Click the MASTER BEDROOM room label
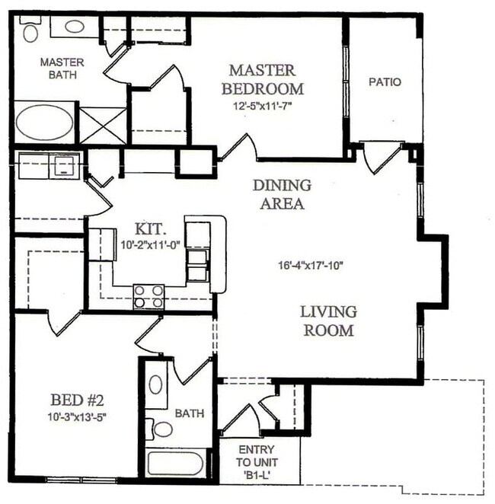click(x=262, y=79)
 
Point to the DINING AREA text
click(x=282, y=194)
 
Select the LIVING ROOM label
click(x=328, y=321)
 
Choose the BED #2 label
click(x=77, y=400)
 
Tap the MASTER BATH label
click(x=62, y=68)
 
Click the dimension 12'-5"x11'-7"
click(x=263, y=106)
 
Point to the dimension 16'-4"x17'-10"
click(x=311, y=266)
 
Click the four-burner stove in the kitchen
click(x=149, y=295)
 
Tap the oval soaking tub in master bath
click(x=45, y=123)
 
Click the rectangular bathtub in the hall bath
click(x=175, y=464)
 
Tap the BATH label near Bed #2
click(x=189, y=414)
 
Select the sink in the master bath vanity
click(x=74, y=27)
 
